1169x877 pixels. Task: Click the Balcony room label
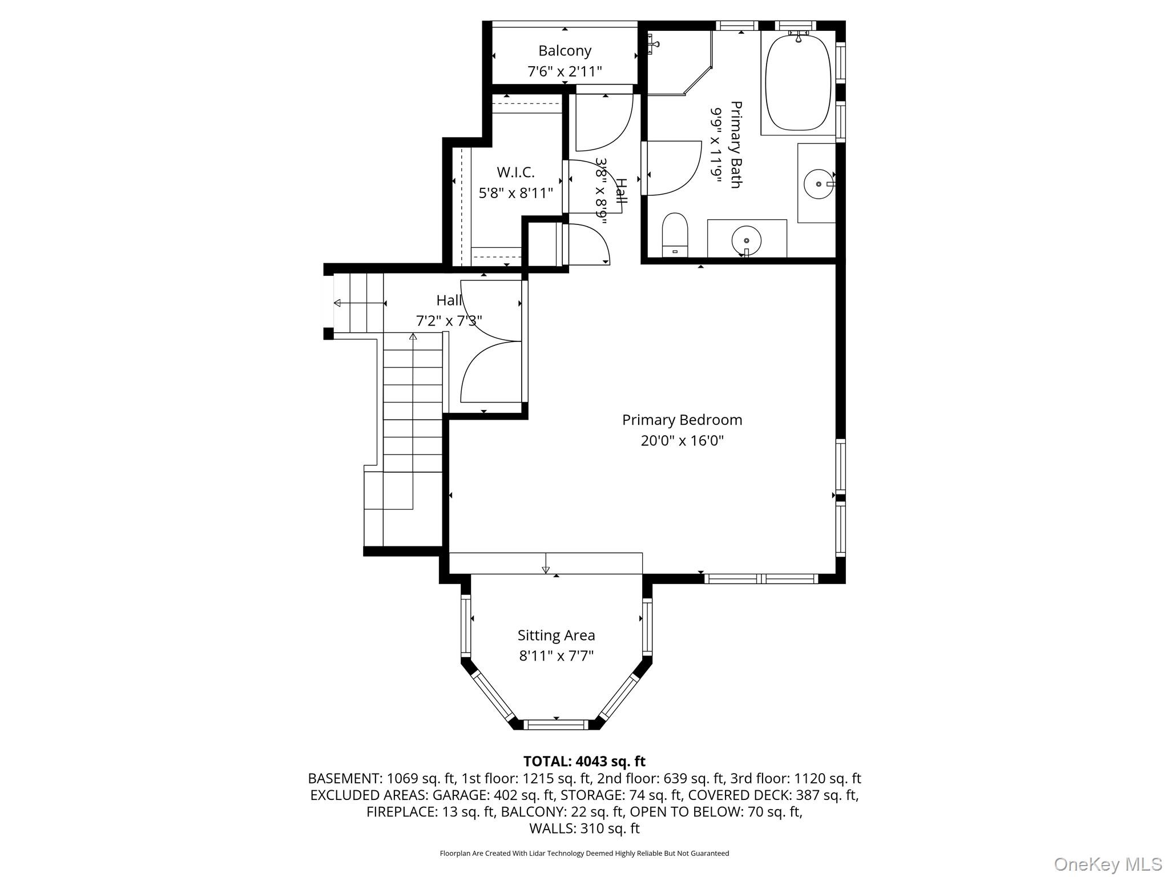[565, 51]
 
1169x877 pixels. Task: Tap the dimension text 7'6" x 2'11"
[565, 71]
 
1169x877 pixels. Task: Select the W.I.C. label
[515, 172]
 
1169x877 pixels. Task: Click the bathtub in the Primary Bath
[797, 83]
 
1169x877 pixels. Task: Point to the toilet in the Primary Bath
[675, 234]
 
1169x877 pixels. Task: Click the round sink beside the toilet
[746, 240]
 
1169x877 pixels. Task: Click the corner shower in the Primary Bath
[676, 60]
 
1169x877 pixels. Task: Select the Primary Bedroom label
[682, 420]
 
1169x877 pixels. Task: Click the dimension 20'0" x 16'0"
[682, 441]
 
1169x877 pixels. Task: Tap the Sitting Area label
[556, 635]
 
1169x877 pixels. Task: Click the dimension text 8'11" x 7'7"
[556, 655]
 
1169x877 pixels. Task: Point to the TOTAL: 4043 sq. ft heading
[584, 761]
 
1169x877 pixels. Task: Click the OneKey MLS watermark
[1107, 864]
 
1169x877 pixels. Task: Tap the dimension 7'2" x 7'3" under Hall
[449, 321]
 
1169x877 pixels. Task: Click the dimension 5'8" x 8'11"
[515, 193]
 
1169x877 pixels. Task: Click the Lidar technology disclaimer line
[584, 853]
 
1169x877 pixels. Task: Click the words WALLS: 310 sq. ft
[584, 828]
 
